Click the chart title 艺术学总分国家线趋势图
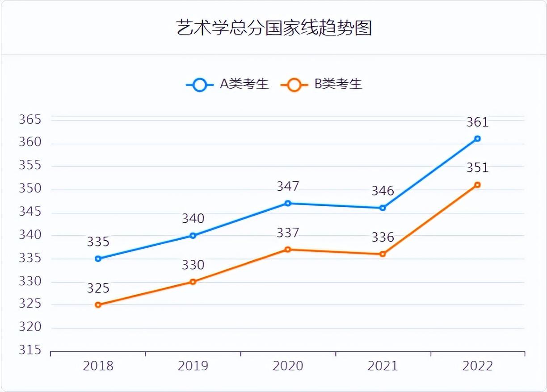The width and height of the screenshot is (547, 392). click(273, 28)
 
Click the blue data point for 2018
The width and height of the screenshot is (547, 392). click(98, 259)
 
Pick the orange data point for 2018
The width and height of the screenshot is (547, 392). click(98, 305)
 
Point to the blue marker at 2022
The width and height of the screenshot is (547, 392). click(477, 138)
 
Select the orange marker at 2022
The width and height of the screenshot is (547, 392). click(477, 185)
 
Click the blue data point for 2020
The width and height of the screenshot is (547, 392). click(288, 203)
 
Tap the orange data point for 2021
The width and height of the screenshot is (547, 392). click(383, 254)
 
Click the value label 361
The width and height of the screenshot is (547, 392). click(477, 122)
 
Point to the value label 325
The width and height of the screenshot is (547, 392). click(98, 288)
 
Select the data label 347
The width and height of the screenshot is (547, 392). click(288, 186)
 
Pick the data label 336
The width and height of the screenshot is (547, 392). click(383, 237)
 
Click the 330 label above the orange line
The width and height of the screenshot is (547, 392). click(193, 265)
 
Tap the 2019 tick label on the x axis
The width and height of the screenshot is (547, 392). click(193, 366)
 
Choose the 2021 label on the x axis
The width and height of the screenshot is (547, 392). click(383, 366)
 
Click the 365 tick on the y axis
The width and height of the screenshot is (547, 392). click(30, 120)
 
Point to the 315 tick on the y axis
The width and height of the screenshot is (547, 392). click(30, 350)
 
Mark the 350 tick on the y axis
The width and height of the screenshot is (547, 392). click(30, 189)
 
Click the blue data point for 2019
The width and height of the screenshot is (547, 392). click(193, 235)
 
